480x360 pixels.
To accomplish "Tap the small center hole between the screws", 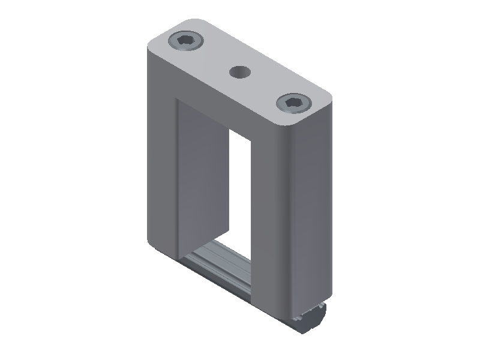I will (241, 72).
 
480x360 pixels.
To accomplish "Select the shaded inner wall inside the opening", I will (201, 174).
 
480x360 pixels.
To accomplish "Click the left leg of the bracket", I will (159, 162).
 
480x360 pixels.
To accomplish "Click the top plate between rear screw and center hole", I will (213, 57).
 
